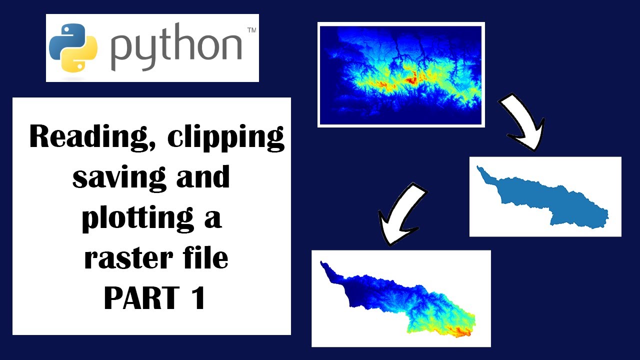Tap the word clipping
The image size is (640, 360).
(x=226, y=137)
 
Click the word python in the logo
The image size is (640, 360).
(x=176, y=48)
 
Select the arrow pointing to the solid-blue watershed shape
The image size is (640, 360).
(x=522, y=122)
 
